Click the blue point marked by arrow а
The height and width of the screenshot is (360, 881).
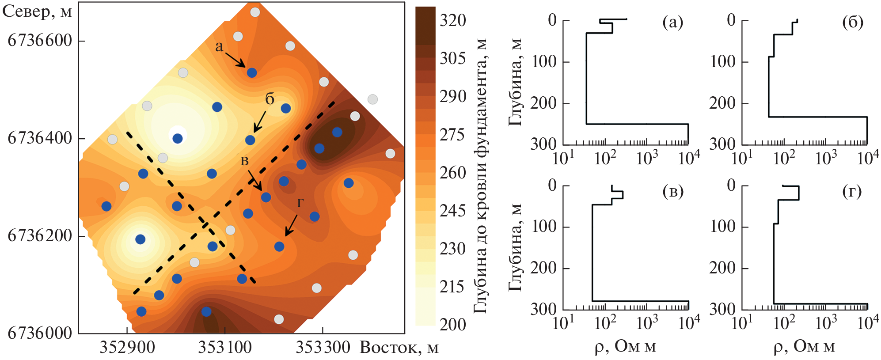pyautogui.click(x=252, y=72)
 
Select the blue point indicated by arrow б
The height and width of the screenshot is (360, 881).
pyautogui.click(x=250, y=140)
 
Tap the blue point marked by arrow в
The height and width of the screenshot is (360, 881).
pyautogui.click(x=266, y=197)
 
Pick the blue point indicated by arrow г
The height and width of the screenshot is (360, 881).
pyautogui.click(x=279, y=246)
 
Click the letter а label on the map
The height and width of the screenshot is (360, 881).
pyautogui.click(x=219, y=46)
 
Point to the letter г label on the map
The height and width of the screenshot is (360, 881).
pyautogui.click(x=300, y=202)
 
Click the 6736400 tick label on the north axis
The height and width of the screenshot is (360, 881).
pyautogui.click(x=40, y=138)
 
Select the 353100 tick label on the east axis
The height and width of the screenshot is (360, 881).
pyautogui.click(x=225, y=348)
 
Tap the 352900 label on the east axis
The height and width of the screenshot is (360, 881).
pyautogui.click(x=127, y=348)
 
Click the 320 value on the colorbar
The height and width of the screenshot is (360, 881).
pyautogui.click(x=452, y=20)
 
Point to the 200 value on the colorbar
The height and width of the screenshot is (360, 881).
pyautogui.click(x=452, y=325)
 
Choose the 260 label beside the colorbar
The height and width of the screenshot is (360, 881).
pyautogui.click(x=452, y=173)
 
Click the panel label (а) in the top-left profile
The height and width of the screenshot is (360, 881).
pyautogui.click(x=672, y=22)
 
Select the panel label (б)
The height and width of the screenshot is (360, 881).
pyautogui.click(x=852, y=22)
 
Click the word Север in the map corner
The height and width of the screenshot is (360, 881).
pyautogui.click(x=27, y=11)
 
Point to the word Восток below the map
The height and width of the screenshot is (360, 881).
pyautogui.click(x=389, y=348)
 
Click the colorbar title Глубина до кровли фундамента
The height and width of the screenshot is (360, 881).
pyautogui.click(x=480, y=177)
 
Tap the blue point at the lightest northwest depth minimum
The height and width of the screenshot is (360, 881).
pyautogui.click(x=177, y=139)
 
